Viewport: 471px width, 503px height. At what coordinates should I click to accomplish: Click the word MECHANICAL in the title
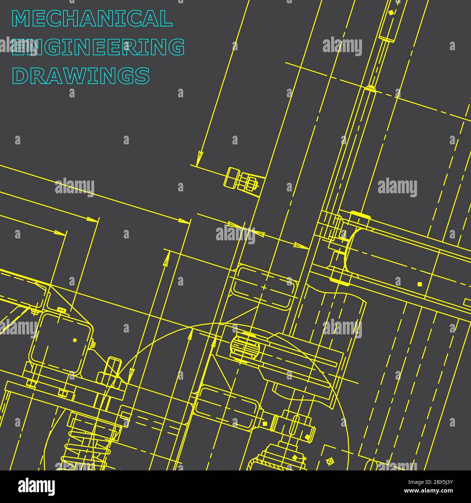tap(92, 19)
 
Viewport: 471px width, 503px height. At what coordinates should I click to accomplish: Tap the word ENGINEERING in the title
tap(98, 47)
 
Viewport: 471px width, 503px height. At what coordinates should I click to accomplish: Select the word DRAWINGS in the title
tap(81, 76)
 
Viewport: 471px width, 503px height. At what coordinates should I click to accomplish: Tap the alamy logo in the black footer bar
tap(36, 487)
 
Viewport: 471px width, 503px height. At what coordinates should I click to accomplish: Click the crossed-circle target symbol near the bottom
tap(329, 461)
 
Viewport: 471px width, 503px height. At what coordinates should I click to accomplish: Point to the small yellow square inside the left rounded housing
tap(75, 340)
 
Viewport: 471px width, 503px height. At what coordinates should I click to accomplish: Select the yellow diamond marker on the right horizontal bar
tap(420, 284)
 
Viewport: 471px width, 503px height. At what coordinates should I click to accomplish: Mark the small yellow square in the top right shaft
tap(391, 13)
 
